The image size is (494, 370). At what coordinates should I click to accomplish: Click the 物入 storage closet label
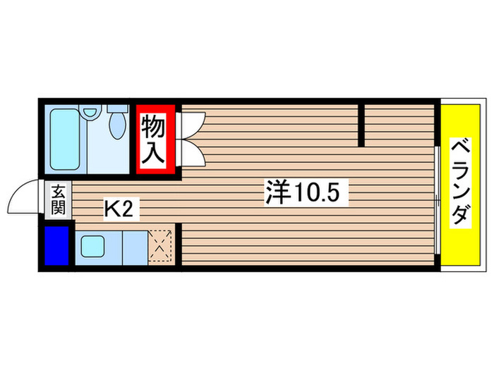click(155, 141)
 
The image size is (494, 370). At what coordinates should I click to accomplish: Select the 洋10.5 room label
click(307, 192)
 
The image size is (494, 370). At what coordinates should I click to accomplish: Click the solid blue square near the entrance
click(56, 245)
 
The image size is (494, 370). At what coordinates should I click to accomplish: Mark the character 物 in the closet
click(155, 128)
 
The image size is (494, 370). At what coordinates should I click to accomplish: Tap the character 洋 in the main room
click(277, 192)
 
